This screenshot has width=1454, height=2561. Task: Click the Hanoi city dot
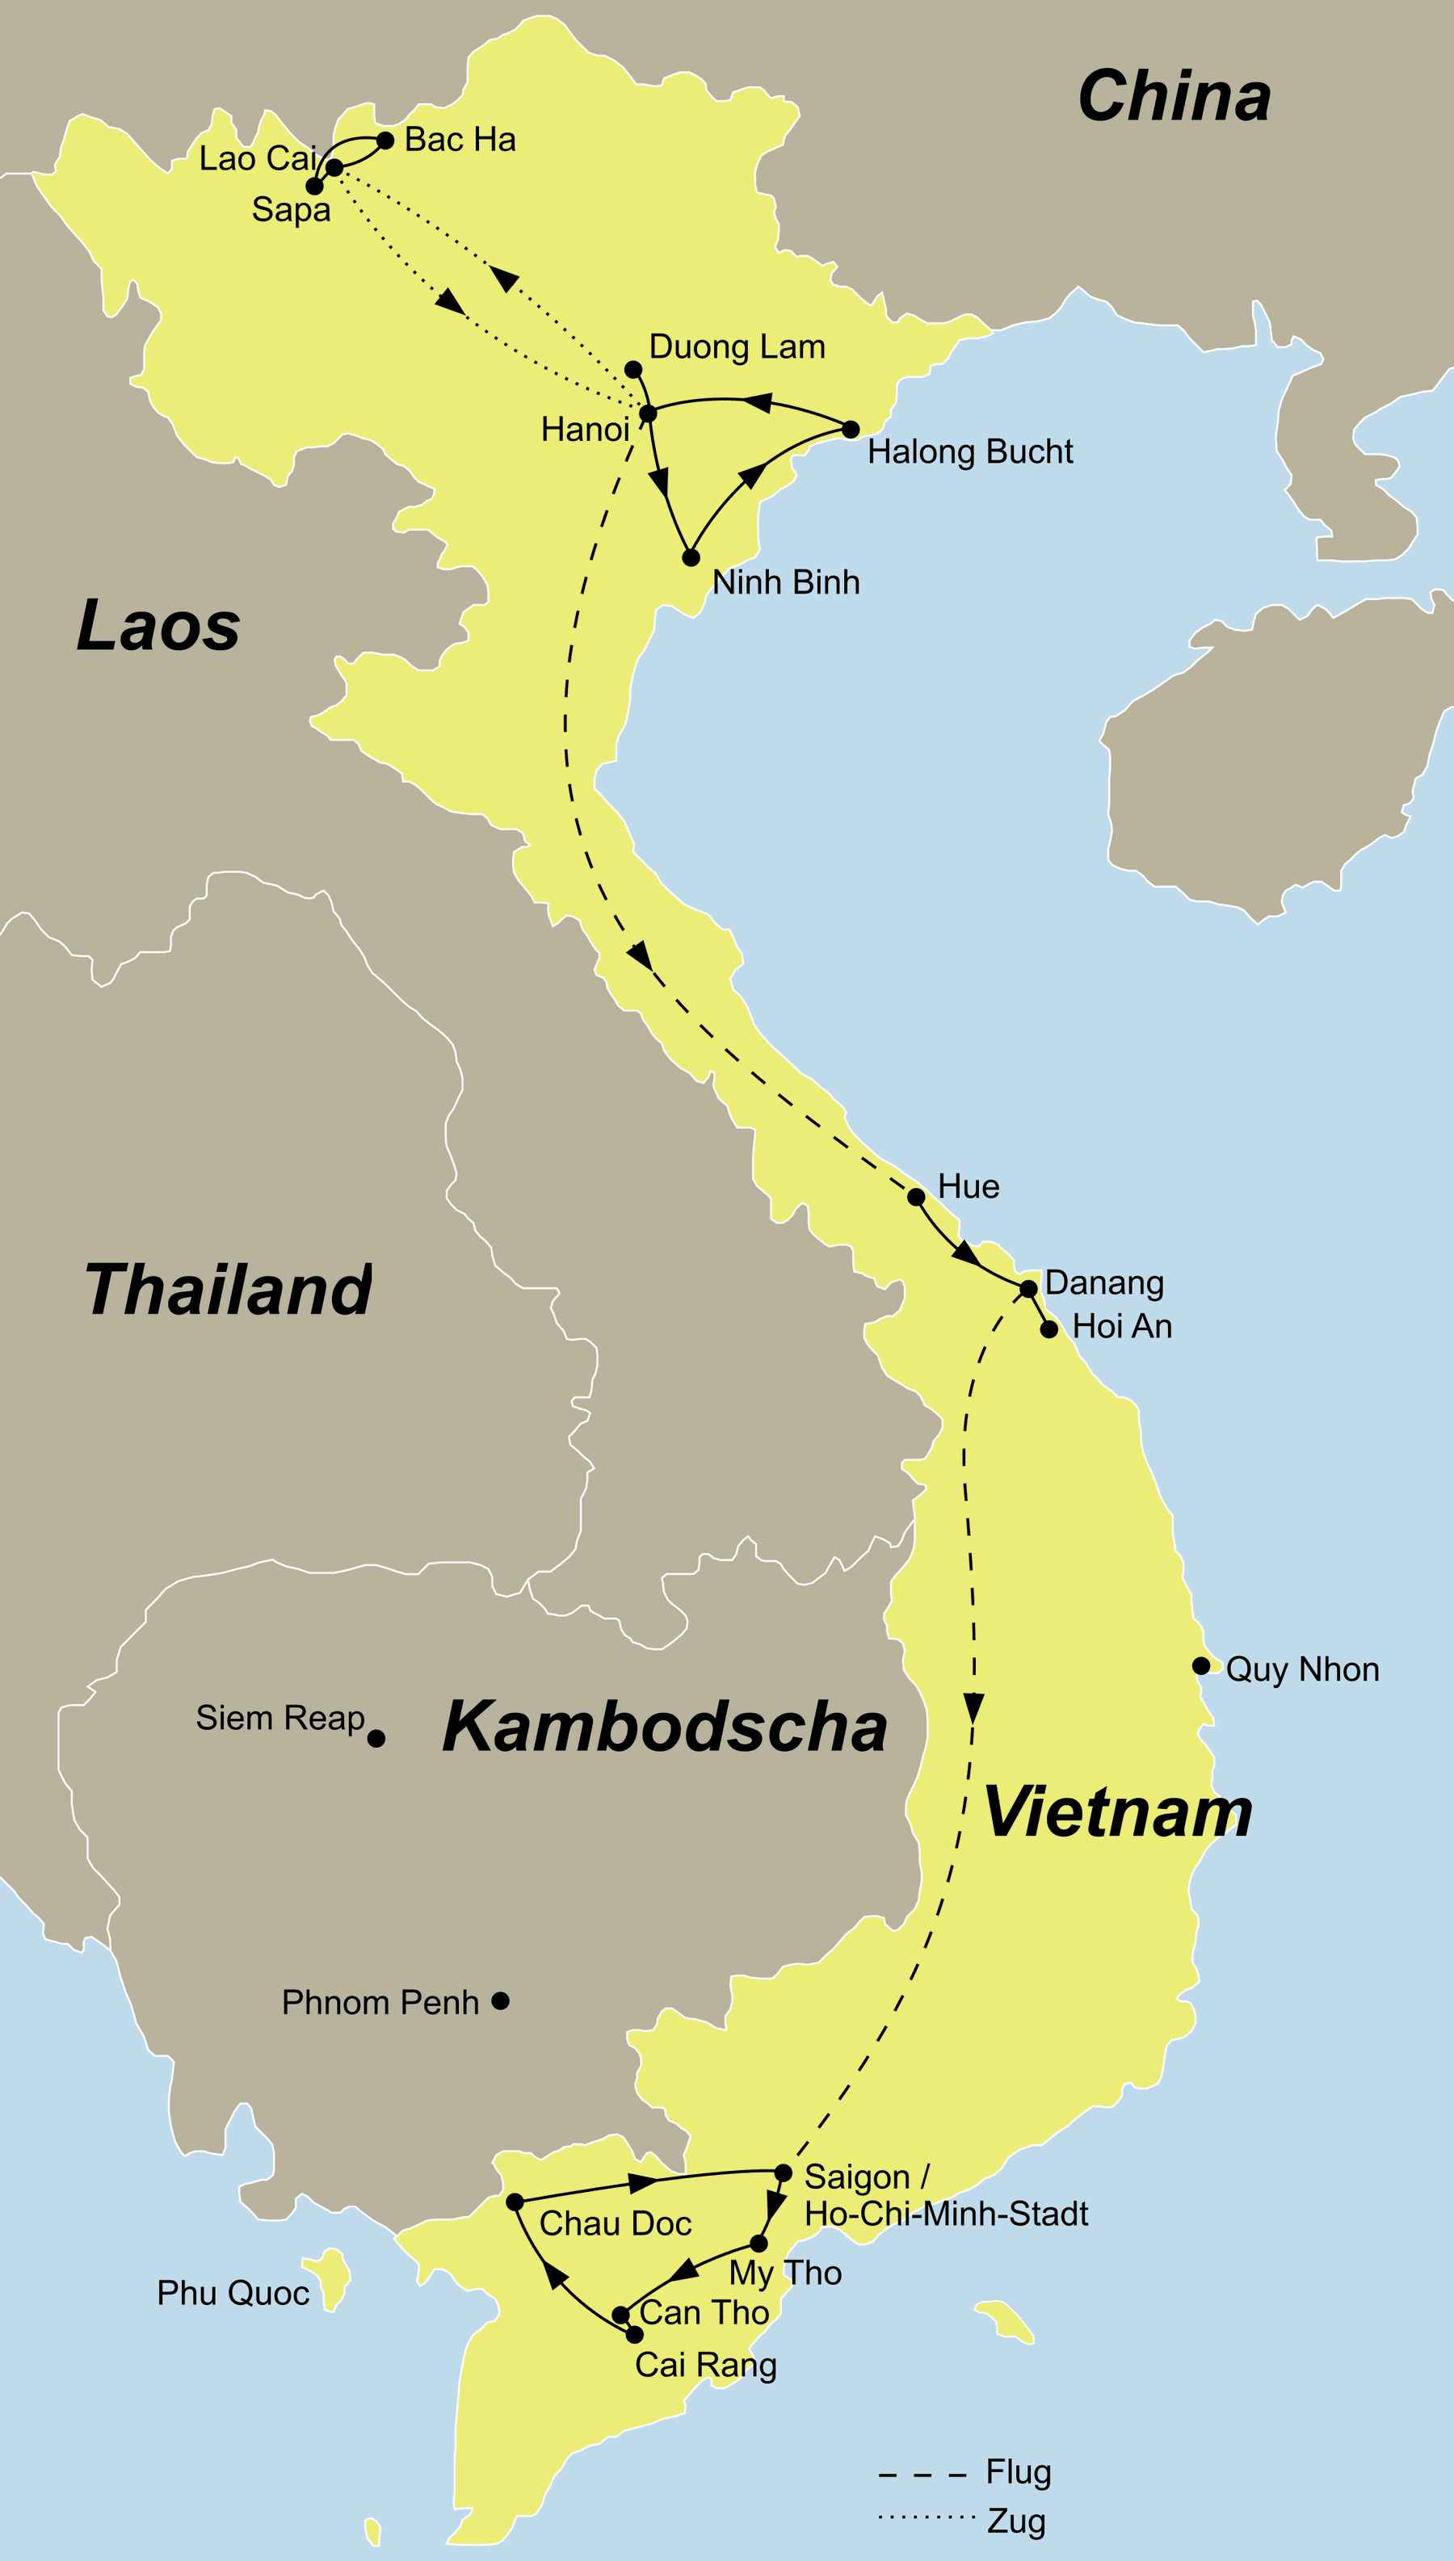point(647,413)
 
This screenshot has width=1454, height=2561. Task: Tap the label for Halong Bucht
point(969,451)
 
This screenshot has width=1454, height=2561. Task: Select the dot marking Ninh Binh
point(690,557)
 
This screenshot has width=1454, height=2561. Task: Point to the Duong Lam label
point(737,346)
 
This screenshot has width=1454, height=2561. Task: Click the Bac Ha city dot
point(385,140)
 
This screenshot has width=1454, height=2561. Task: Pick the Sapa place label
point(291,210)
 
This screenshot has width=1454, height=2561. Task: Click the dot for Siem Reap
point(376,1738)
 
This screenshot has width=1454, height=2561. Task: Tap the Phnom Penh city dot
point(500,2000)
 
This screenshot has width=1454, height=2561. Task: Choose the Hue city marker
point(916,1196)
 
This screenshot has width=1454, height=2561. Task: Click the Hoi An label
point(1121,1326)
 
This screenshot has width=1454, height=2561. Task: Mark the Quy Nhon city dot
point(1201,1665)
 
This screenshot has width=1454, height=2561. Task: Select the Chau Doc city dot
point(515,2202)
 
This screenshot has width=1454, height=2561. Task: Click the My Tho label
point(785,2273)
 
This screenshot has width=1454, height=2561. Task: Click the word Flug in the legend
point(1018,2472)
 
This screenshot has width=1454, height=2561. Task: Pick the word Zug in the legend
point(1015,2521)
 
